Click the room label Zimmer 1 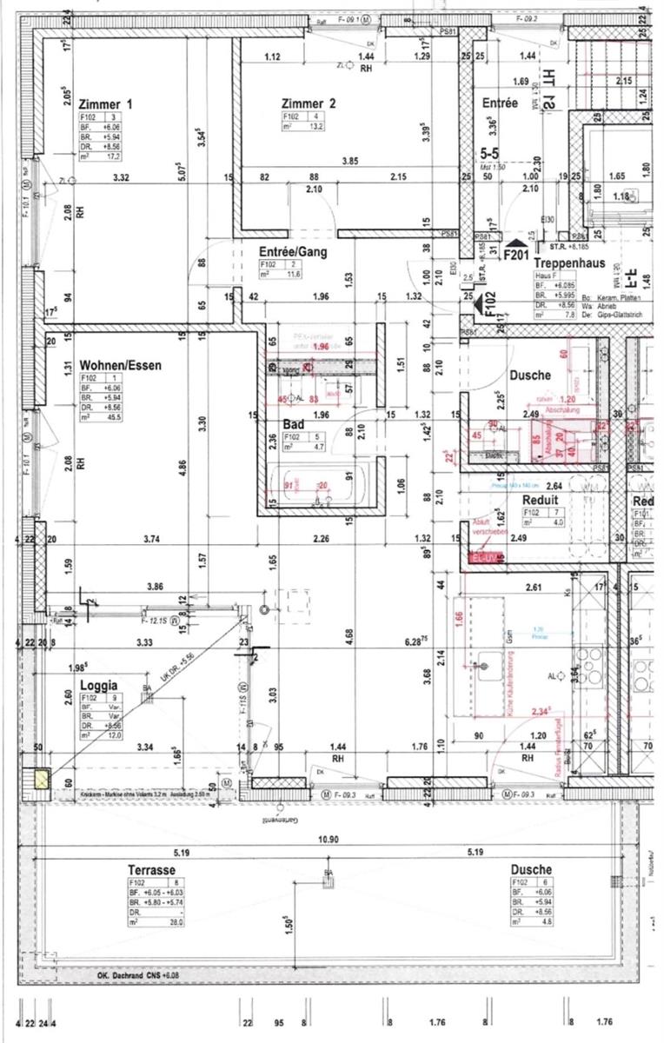tap(105, 104)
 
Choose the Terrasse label tap(151, 869)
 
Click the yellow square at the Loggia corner tap(40, 778)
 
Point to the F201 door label tap(519, 256)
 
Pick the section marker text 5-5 tap(491, 151)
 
